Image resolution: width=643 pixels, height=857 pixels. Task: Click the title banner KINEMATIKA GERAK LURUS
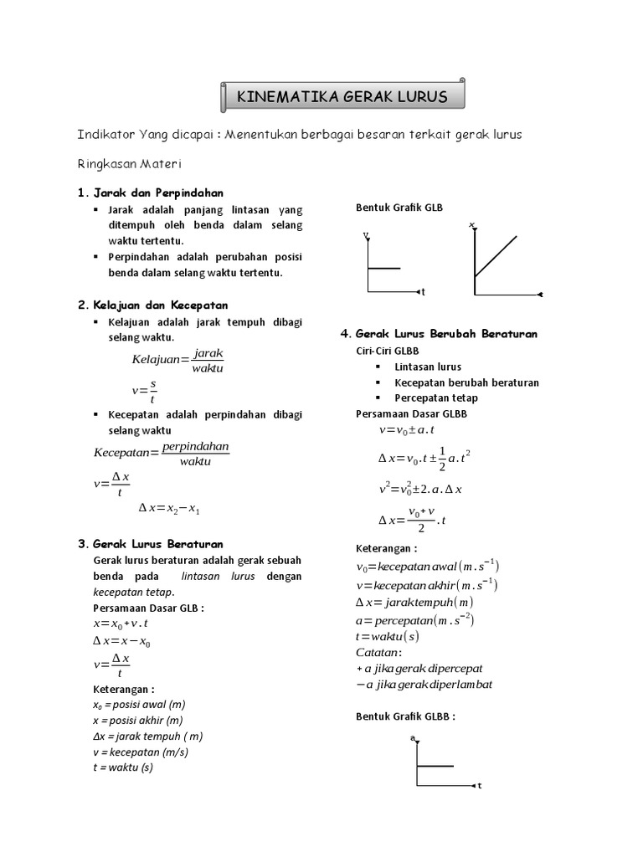342,97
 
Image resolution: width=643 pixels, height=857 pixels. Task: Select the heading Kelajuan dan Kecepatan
159,305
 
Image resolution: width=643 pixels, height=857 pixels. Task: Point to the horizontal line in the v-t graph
384,268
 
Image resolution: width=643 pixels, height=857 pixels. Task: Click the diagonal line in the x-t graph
496,256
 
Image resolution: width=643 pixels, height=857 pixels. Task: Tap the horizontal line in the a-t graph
435,765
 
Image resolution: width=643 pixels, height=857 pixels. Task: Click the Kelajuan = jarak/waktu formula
177,360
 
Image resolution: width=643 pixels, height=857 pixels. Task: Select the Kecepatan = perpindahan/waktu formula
161,453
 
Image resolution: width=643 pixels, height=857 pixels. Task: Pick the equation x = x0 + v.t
121,624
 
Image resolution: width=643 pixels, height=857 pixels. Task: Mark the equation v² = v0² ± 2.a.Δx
420,488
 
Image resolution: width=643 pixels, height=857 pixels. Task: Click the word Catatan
378,652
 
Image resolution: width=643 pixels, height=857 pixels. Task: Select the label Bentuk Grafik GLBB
405,716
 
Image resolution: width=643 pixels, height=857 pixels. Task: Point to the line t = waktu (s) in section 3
123,767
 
